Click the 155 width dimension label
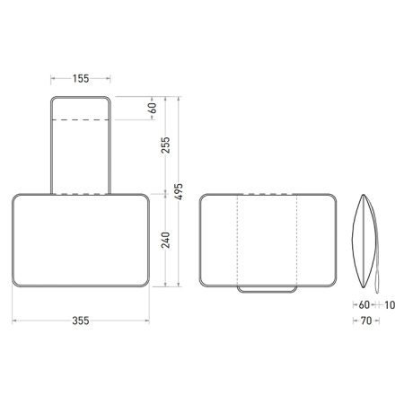81,78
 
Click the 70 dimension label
365,320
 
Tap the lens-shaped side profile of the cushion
364,239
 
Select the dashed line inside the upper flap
81,119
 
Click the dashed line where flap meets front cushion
81,194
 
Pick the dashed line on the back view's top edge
268,194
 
